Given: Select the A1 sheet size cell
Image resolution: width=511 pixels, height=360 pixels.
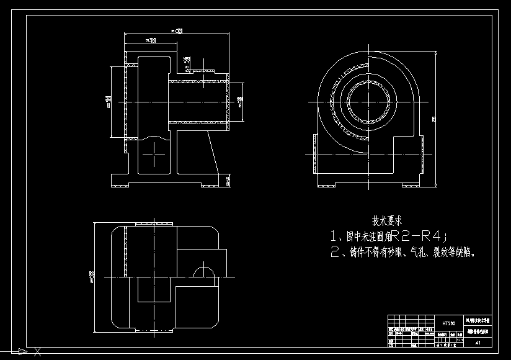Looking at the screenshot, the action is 478,342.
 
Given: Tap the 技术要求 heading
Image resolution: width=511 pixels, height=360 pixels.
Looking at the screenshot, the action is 387,220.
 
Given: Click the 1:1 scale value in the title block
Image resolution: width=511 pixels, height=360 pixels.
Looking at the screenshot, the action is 460,339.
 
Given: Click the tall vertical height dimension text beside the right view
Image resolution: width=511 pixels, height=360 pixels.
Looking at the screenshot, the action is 434,119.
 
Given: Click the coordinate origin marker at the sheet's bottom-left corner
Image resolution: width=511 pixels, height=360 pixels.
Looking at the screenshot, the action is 22,352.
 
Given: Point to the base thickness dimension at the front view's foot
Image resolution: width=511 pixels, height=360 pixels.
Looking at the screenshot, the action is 228,181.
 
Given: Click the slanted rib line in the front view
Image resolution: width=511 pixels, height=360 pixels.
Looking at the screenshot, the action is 212,153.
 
